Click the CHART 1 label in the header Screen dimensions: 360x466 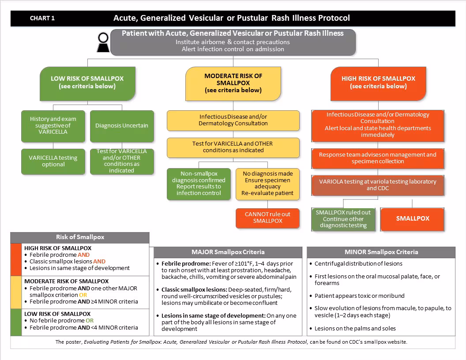(42, 18)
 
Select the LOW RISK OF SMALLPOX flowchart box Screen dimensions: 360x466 (87, 82)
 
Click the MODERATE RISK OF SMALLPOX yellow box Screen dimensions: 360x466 (233, 83)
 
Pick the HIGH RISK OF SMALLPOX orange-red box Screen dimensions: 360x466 (378, 82)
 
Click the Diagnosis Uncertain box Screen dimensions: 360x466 (122, 126)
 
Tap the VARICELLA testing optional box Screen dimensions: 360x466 (53, 161)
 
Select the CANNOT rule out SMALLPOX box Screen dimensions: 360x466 (267, 217)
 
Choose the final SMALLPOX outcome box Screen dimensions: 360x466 (413, 218)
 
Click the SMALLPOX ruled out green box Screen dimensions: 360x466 (343, 219)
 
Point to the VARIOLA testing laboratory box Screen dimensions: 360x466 (377, 185)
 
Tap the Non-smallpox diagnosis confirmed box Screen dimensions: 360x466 (199, 183)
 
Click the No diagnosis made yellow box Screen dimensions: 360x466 (267, 183)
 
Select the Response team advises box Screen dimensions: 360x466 (377, 158)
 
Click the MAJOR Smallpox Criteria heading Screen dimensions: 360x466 (228, 252)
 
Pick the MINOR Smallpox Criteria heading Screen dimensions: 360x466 (381, 252)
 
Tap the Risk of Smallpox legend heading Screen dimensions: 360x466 (80, 237)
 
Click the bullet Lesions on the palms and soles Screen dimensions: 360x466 (355, 329)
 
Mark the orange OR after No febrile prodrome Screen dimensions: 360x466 (90, 321)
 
